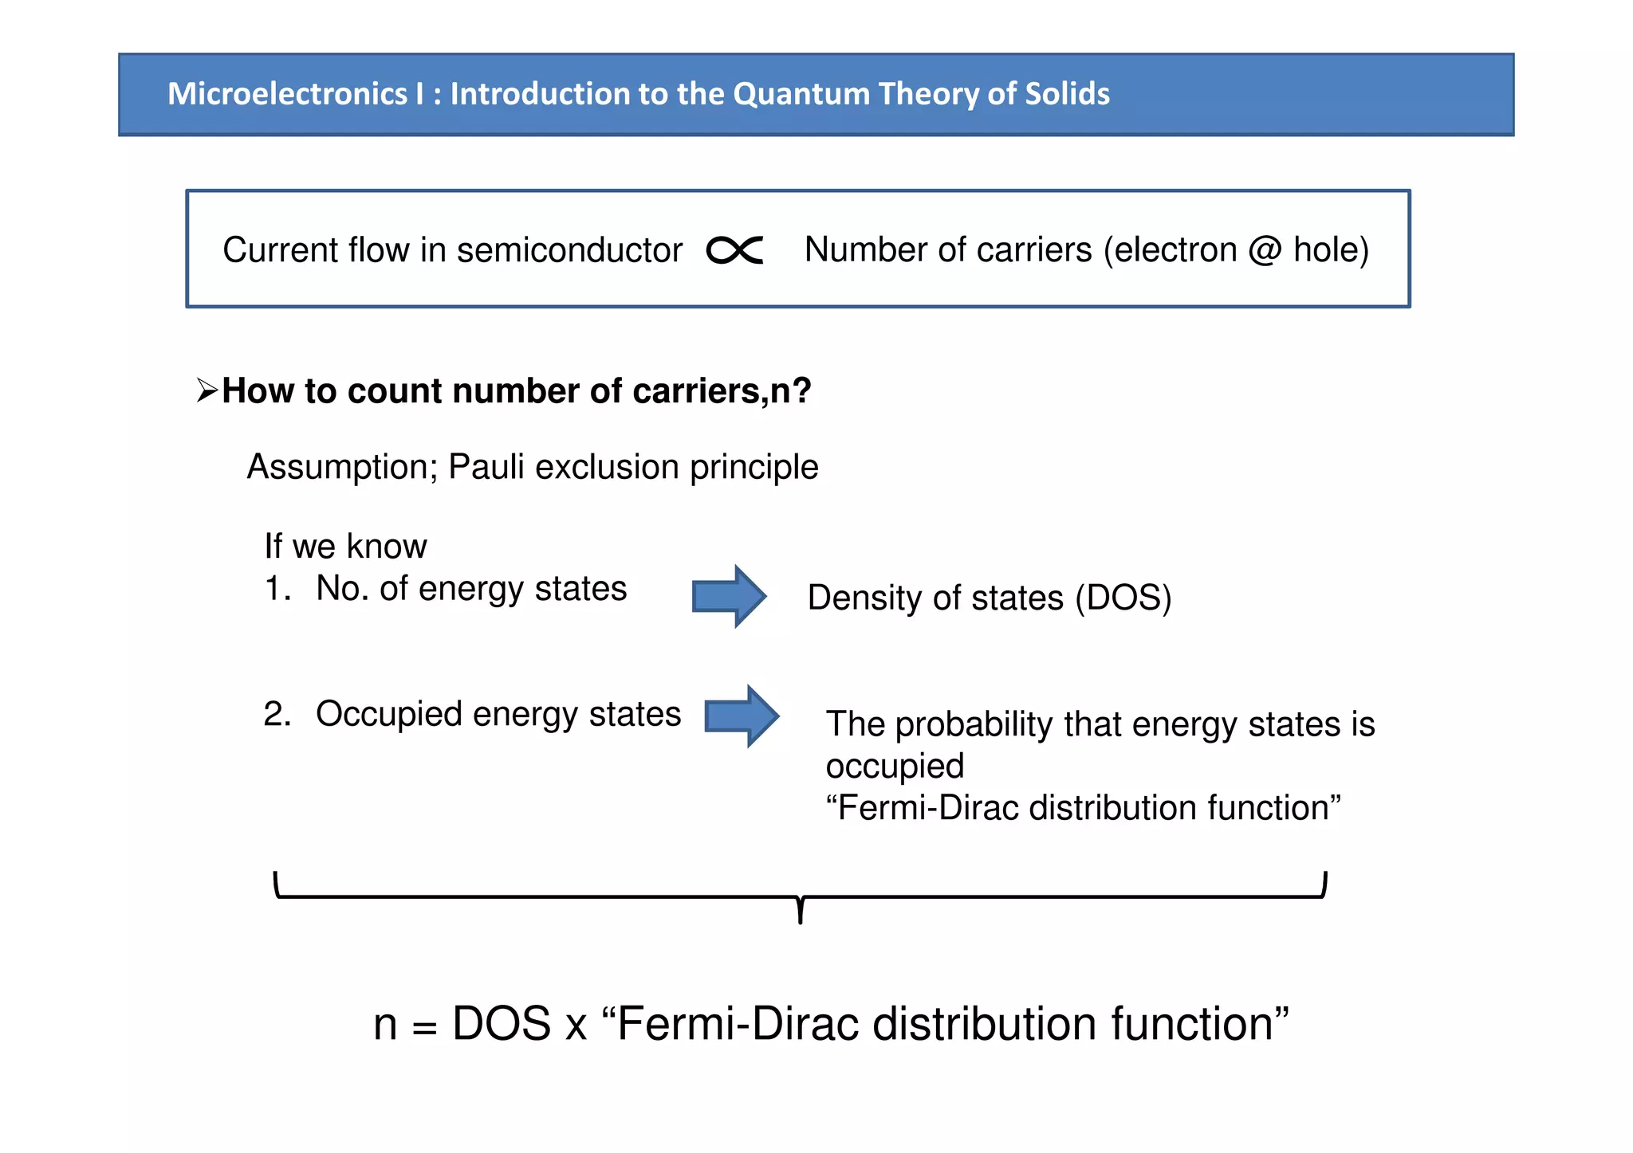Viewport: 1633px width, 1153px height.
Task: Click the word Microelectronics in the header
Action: point(287,94)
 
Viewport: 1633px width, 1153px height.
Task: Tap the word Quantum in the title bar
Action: point(801,94)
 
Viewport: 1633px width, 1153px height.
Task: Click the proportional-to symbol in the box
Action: point(734,250)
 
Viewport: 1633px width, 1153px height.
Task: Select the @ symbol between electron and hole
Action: point(1265,250)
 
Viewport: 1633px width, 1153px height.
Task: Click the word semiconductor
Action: point(569,250)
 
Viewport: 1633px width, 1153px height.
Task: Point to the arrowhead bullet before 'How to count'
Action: point(207,390)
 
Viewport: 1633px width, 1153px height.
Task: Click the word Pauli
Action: point(486,467)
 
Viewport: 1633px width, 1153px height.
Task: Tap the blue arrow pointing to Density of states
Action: point(729,596)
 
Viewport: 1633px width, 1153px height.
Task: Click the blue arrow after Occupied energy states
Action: point(742,716)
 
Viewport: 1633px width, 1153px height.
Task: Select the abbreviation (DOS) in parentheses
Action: point(1123,598)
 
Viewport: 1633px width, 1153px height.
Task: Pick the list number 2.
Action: point(277,714)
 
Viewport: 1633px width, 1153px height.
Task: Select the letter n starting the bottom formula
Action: point(385,1025)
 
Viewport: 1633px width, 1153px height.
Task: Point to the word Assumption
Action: point(342,467)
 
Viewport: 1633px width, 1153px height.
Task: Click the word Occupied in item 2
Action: point(388,714)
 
